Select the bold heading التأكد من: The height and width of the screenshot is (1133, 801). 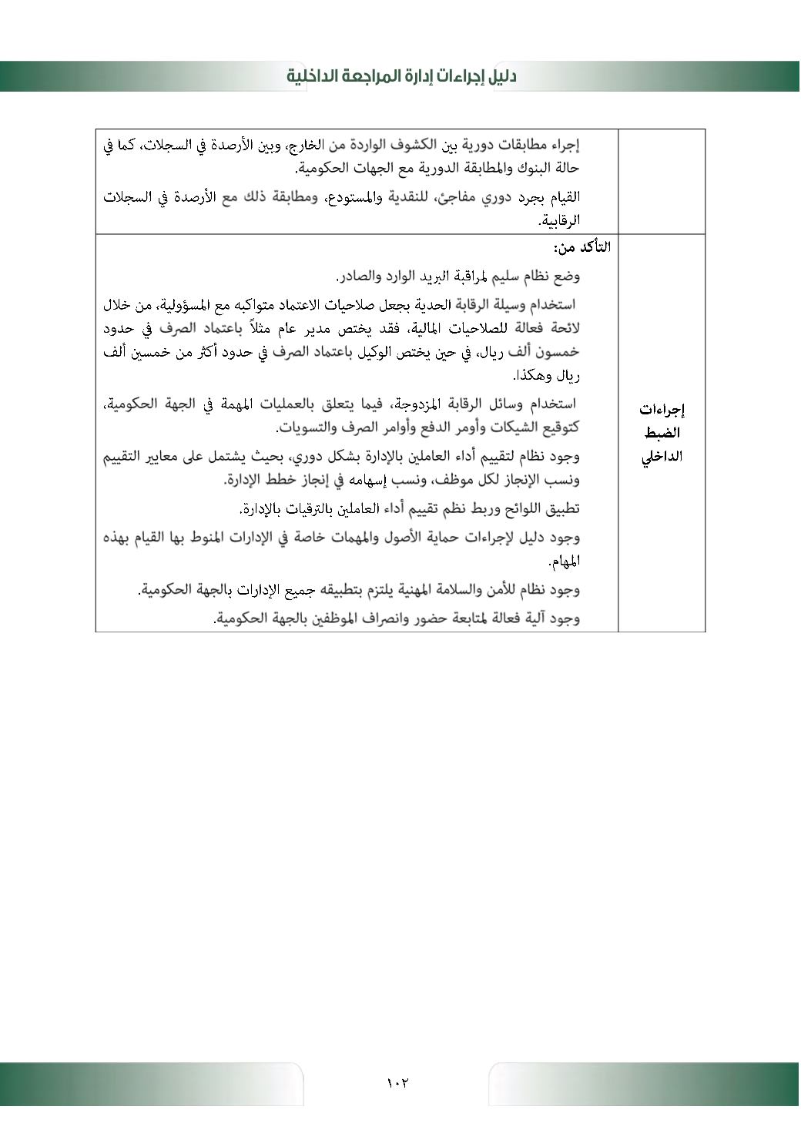click(581, 247)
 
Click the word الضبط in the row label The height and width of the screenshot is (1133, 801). click(662, 432)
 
